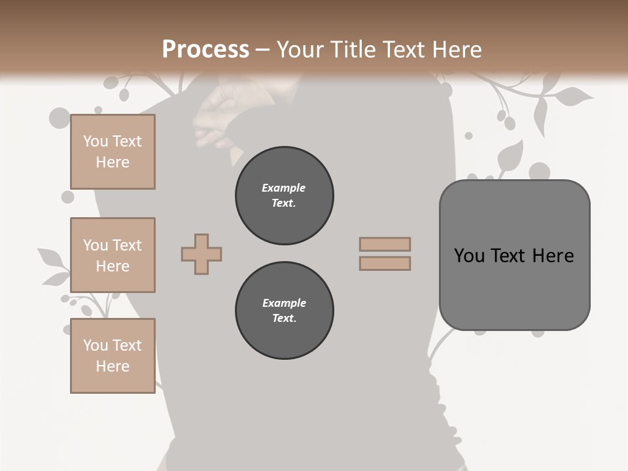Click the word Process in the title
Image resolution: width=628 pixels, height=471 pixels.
pos(205,50)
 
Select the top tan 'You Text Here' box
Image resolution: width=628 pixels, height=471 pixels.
pos(113,152)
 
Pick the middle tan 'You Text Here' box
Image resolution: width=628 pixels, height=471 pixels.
pos(113,255)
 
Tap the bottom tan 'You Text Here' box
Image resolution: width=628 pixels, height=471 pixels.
pos(113,356)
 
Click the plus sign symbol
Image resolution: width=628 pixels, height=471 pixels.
pos(201,254)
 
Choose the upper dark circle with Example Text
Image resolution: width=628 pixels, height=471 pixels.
pos(284,196)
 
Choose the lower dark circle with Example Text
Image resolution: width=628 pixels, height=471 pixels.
pos(284,311)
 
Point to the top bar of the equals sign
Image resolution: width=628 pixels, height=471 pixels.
pos(385,244)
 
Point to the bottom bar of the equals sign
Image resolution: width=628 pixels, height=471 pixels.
pos(385,263)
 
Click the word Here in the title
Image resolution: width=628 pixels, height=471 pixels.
pos(457,50)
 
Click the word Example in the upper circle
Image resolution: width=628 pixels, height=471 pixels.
pos(284,188)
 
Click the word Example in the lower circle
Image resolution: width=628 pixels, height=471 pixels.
pos(284,303)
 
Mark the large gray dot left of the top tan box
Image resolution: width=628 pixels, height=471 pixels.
pos(59,118)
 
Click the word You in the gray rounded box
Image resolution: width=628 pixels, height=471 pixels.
pos(469,256)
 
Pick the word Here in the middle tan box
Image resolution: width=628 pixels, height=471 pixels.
pos(113,266)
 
